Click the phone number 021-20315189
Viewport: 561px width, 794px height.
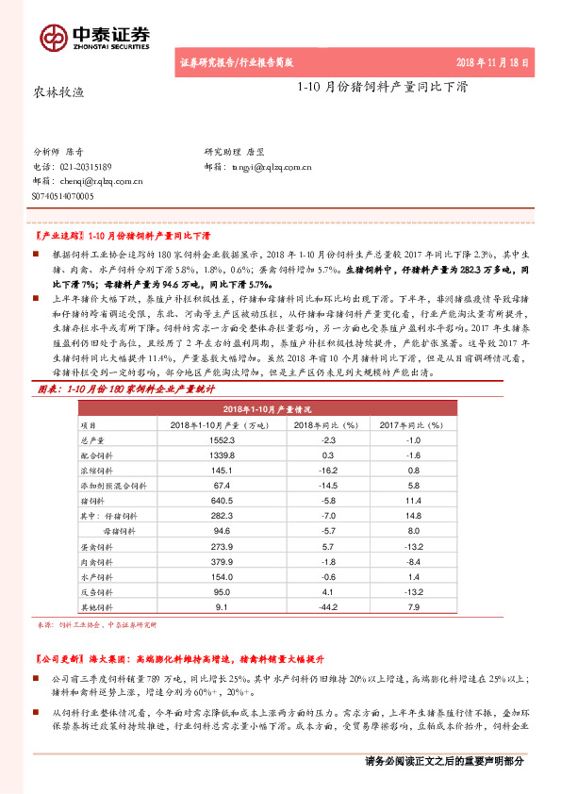(98, 166)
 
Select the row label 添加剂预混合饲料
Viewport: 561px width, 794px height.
(112, 483)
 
